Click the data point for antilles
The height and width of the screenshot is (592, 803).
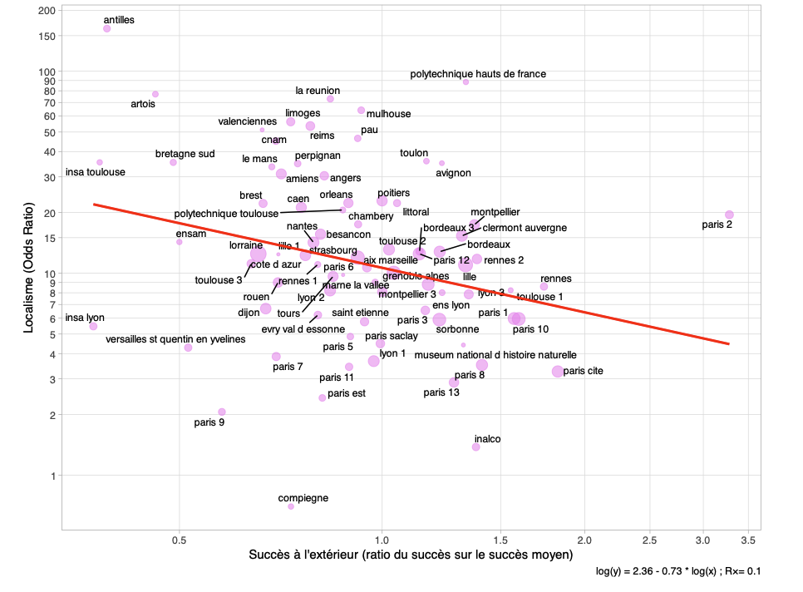[x=107, y=28]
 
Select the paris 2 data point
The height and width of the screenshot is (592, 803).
[x=729, y=215]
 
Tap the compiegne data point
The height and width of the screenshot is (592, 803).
[x=291, y=506]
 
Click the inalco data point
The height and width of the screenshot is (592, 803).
[x=475, y=446]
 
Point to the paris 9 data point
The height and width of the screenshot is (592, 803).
[x=222, y=412]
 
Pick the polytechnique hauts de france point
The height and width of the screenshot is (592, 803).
[x=466, y=81]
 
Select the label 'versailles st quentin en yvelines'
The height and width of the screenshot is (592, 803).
[x=175, y=339]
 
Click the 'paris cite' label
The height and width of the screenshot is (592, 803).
[x=584, y=371]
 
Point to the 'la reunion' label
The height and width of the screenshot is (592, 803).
[x=318, y=91]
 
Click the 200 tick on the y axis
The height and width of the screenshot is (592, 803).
[x=47, y=11]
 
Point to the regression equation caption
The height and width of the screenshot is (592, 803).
[x=677, y=572]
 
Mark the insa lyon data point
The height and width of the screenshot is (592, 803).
[x=93, y=327]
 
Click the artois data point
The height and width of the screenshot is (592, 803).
[x=155, y=94]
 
